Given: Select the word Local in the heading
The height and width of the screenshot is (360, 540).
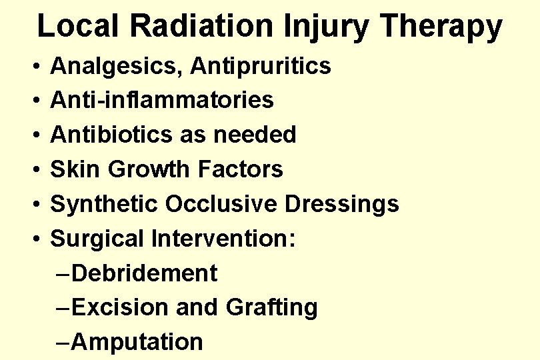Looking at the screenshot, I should pyautogui.click(x=79, y=26).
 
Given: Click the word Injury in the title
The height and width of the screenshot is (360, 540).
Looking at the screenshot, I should pyautogui.click(x=318, y=26).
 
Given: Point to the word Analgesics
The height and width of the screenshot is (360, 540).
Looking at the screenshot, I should pyautogui.click(x=117, y=66).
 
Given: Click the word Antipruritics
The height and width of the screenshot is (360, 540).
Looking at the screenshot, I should pyautogui.click(x=261, y=66).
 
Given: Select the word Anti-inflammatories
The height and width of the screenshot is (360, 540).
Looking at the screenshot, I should pyautogui.click(x=162, y=100).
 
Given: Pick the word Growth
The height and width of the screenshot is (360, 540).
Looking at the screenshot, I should pyautogui.click(x=150, y=169).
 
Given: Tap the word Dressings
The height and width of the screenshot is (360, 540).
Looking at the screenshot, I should pyautogui.click(x=341, y=204).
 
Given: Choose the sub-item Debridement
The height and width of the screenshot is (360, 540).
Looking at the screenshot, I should pyautogui.click(x=144, y=273).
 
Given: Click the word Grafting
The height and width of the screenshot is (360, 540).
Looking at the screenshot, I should pyautogui.click(x=272, y=308).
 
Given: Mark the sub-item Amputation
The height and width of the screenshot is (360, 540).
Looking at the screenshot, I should pyautogui.click(x=137, y=342).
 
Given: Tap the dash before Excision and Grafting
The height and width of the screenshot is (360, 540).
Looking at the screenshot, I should pyautogui.click(x=63, y=308).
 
